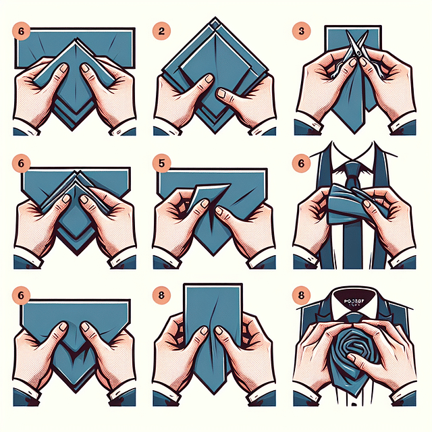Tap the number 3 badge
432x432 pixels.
pos(301,30)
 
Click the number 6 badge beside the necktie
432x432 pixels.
pos(301,163)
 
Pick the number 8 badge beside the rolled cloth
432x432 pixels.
pos(301,295)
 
